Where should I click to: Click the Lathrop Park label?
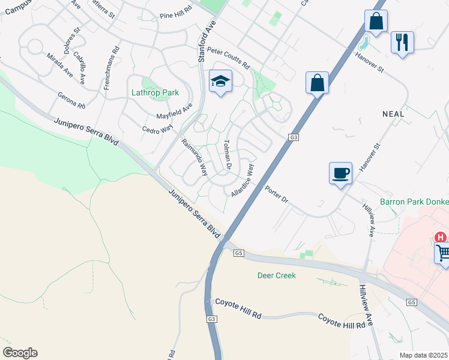click(155, 93)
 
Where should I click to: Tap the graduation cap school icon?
click(220, 81)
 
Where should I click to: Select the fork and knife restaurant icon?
click(402, 43)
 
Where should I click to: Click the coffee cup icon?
click(340, 173)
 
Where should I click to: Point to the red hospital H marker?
click(441, 238)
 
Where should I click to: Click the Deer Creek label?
click(277, 275)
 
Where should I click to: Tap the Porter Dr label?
click(277, 194)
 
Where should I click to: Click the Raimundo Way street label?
click(194, 157)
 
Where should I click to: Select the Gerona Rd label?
click(71, 100)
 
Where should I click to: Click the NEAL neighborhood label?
click(393, 113)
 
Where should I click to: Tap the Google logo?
click(20, 353)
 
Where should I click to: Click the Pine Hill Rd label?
click(175, 16)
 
